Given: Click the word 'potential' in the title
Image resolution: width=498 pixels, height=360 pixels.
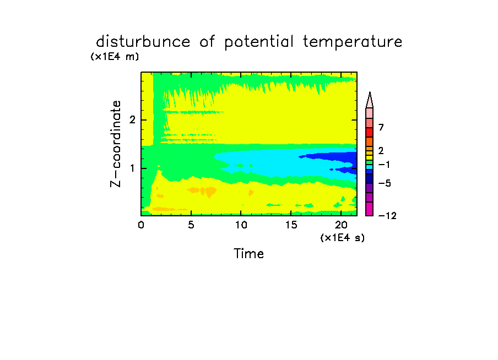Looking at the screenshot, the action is pos(259,42).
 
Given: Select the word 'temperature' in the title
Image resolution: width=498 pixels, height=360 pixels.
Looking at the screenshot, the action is pos(353,42).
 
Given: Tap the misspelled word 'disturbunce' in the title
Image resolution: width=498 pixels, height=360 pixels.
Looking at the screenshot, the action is pos(143,41).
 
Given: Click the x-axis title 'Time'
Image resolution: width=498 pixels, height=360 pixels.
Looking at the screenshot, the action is pos(248,254).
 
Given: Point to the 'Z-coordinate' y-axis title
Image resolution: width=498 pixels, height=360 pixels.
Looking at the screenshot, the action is pos(116,144).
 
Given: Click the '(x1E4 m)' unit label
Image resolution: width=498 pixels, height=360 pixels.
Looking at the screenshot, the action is pos(115,57).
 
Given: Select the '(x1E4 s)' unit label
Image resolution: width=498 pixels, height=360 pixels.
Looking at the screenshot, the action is pos(343,237).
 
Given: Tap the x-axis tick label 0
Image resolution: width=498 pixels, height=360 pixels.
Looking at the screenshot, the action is pos(141,225).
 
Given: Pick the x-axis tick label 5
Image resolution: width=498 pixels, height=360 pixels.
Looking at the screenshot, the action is pos(191,225).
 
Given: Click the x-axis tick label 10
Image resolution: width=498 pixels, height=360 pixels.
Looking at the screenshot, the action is pos(241,225).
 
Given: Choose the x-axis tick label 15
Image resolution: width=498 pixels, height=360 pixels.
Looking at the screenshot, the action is pos(291,225).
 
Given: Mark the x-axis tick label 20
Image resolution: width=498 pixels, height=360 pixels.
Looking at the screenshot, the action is pos(341,225).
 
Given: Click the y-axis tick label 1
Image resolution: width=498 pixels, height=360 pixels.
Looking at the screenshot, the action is pos(132,168).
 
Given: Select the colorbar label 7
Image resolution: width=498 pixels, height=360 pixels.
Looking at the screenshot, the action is pos(381,128).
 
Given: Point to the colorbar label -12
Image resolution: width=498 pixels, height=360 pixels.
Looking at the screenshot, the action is pos(387,216).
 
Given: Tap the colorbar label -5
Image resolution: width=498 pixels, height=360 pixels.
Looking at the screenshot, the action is pos(385,183).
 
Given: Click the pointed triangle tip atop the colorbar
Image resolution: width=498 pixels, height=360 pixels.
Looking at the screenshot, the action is pos(370,92).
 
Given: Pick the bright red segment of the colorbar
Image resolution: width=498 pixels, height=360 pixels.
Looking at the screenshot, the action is pos(370,132).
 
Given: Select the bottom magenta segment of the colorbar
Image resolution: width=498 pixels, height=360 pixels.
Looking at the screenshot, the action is pos(370,209).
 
